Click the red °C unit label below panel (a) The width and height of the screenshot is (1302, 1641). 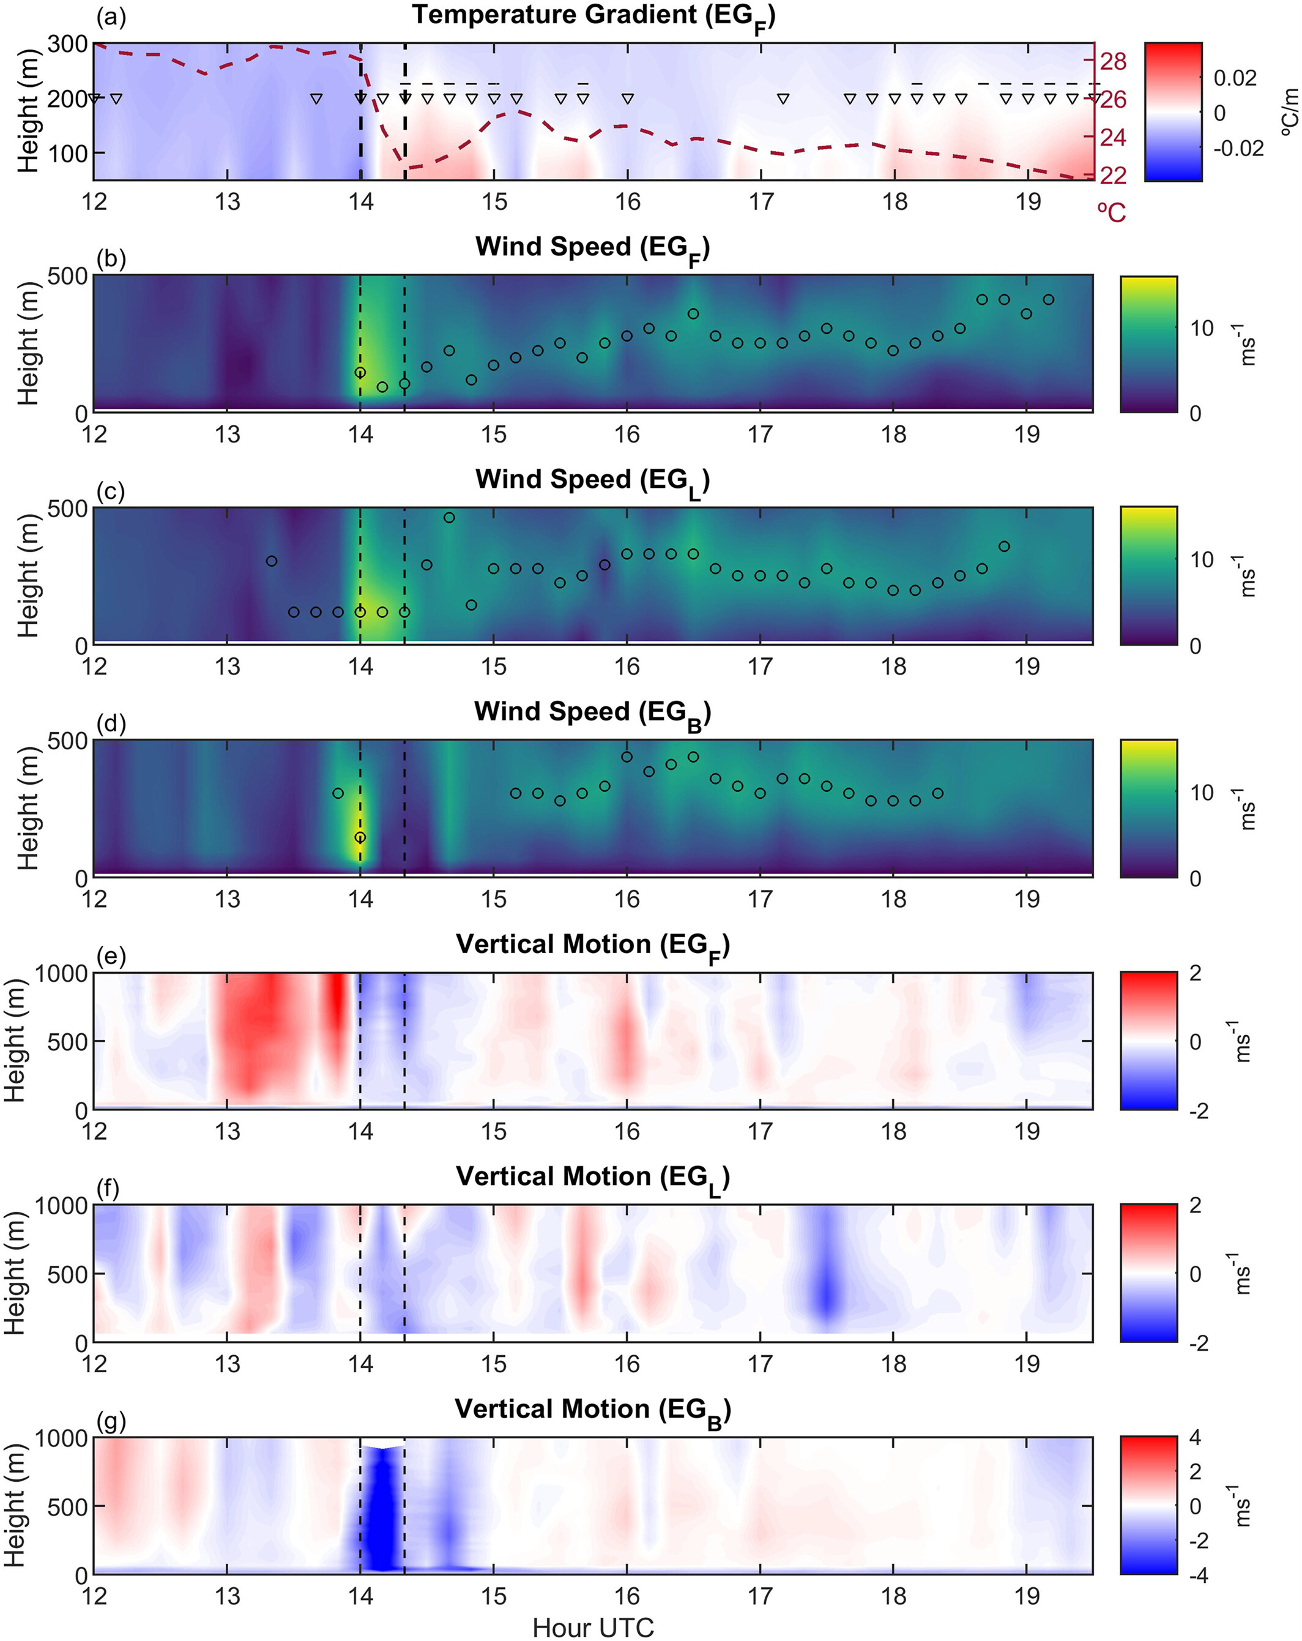(1112, 212)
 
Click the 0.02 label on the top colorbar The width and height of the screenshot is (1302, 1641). (1234, 78)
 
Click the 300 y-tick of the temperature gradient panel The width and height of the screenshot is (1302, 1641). (68, 44)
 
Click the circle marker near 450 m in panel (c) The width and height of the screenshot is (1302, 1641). (449, 518)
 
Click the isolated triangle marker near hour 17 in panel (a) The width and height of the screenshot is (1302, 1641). (783, 98)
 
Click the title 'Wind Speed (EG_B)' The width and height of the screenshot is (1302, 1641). (593, 713)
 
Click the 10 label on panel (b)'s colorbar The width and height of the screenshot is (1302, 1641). (1202, 328)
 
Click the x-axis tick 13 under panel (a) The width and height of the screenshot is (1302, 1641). (227, 202)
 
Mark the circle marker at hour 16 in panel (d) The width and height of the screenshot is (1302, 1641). (627, 757)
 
